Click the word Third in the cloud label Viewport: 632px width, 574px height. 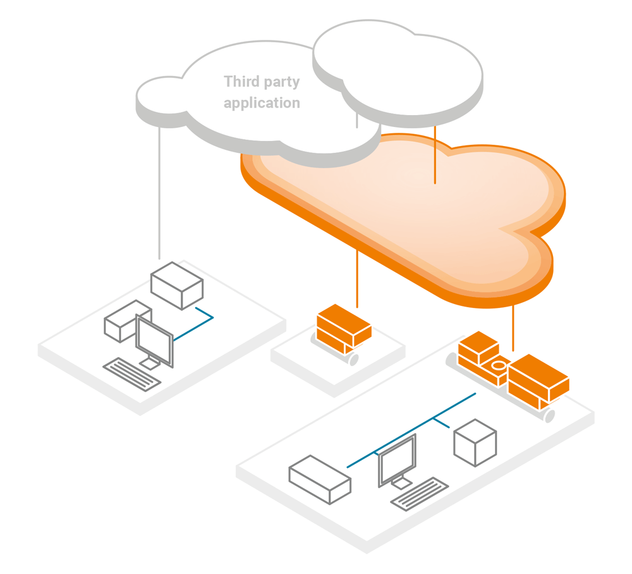pos(241,82)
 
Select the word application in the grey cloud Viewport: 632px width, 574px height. pos(262,102)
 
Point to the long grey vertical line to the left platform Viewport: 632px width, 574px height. pos(159,190)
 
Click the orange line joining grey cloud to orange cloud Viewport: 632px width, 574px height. pos(435,155)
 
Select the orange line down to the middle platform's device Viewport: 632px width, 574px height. pos(357,278)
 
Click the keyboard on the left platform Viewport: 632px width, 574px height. pos(132,374)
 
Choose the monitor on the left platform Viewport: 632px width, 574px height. pos(154,340)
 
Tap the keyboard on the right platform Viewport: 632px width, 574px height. pos(419,494)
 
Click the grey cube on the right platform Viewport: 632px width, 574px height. pos(475,443)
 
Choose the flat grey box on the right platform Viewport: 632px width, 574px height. pos(319,479)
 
